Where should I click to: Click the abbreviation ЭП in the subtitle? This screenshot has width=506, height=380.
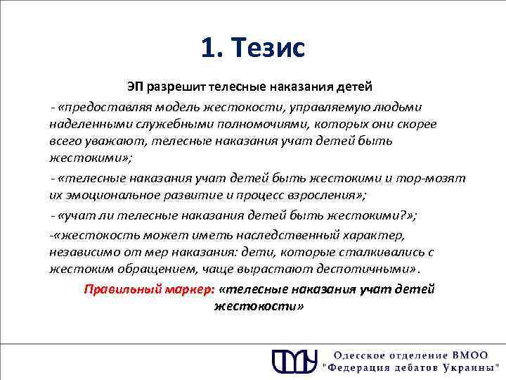(x=135, y=87)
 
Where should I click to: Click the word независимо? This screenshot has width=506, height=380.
(x=82, y=252)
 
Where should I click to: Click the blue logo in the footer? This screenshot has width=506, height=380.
(x=294, y=360)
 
